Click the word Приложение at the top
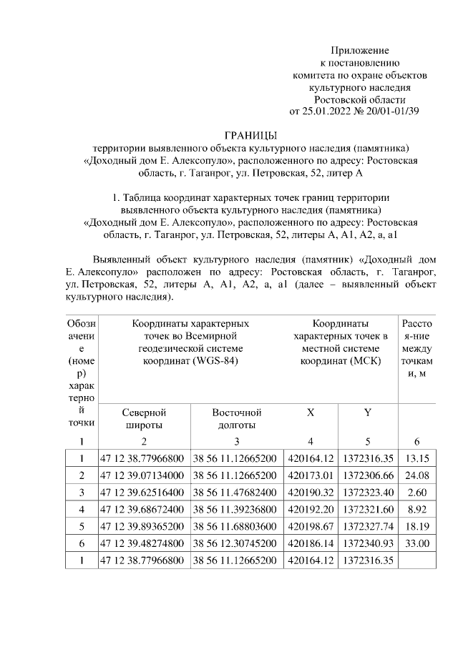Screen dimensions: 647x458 point(359,50)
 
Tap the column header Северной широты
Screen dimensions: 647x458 point(144,418)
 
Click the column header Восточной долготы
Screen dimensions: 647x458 point(236,418)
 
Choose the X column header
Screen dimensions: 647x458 point(310,413)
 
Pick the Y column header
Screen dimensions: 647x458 point(367,413)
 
